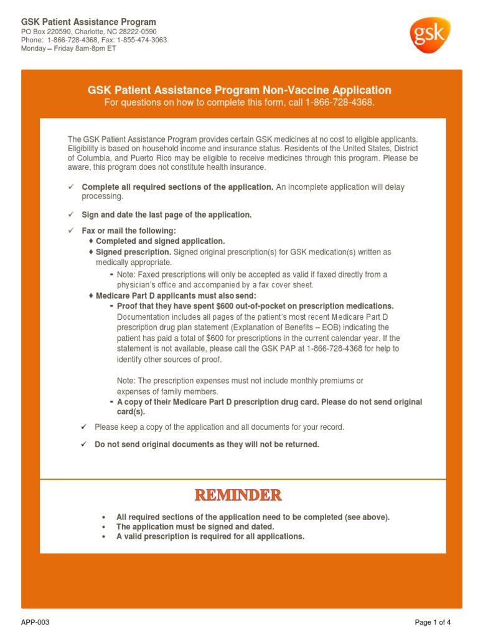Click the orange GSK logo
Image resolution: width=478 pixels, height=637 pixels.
pyautogui.click(x=429, y=35)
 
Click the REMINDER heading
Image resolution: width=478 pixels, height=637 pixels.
pyautogui.click(x=238, y=495)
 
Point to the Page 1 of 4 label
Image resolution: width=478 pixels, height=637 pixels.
pyautogui.click(x=433, y=622)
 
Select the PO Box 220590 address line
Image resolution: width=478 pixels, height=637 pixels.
pyautogui.click(x=89, y=32)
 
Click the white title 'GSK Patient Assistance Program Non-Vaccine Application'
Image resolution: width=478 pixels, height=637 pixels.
pyautogui.click(x=239, y=90)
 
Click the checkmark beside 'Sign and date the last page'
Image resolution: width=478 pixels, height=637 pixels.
pyautogui.click(x=71, y=215)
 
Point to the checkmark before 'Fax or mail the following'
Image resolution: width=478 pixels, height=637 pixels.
pyautogui.click(x=71, y=231)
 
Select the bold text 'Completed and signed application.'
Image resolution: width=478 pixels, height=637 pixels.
pyautogui.click(x=161, y=241)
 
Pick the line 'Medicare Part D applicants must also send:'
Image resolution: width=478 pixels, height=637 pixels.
pyautogui.click(x=176, y=295)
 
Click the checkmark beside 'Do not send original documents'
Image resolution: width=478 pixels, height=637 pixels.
pyautogui.click(x=84, y=444)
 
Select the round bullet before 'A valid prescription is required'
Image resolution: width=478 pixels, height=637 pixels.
pyautogui.click(x=103, y=536)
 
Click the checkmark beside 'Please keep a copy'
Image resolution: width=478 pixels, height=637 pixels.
pyautogui.click(x=84, y=427)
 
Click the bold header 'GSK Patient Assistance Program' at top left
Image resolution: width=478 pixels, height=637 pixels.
pyautogui.click(x=88, y=22)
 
